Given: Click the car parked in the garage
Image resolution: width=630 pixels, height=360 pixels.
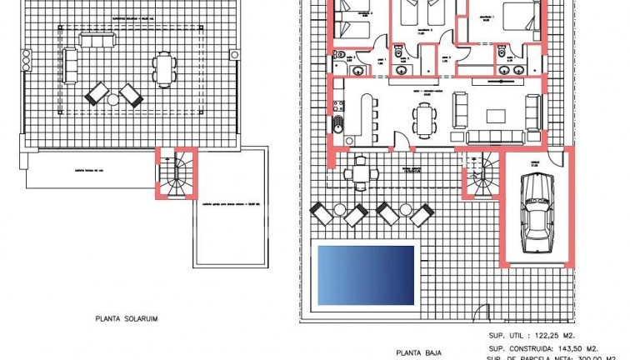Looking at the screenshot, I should [536, 211].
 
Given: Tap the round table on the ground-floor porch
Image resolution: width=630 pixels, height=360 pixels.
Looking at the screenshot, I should [360, 173].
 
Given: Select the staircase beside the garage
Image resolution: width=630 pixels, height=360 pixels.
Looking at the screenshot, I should [479, 177].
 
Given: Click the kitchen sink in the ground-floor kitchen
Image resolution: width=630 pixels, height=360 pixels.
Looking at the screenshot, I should [338, 127].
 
